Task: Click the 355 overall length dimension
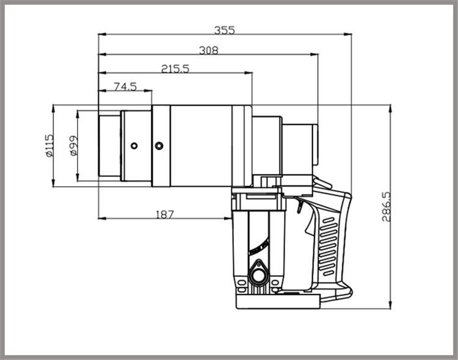(x=224, y=30)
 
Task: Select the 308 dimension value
(x=209, y=50)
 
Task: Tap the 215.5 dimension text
(x=175, y=68)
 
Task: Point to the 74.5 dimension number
(x=125, y=87)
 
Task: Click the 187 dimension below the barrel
(x=165, y=215)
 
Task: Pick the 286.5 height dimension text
(x=386, y=207)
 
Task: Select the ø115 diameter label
(x=49, y=145)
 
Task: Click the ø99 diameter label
(x=74, y=145)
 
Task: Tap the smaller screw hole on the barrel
(x=134, y=145)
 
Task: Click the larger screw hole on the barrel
(x=159, y=145)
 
